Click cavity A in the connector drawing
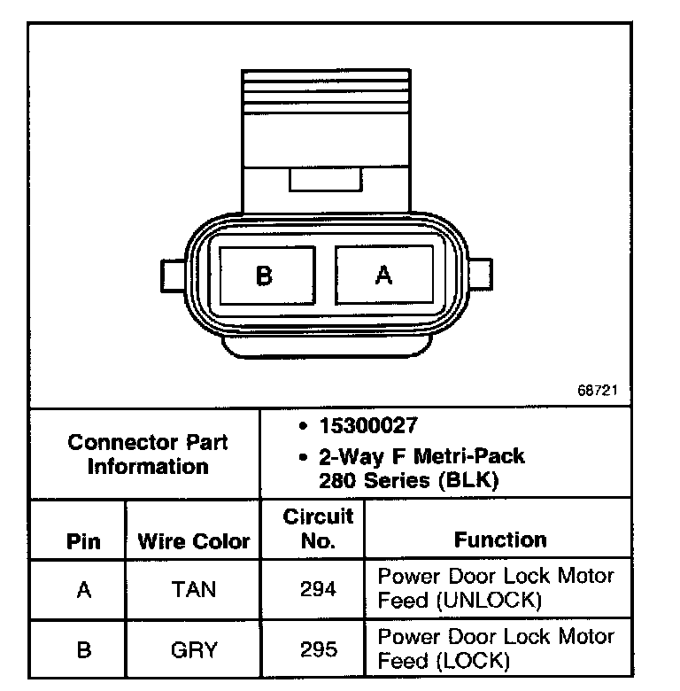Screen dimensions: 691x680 [384, 276]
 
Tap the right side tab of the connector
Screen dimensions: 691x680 [481, 275]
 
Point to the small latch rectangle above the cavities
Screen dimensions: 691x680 [325, 180]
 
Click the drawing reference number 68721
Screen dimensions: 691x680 [597, 389]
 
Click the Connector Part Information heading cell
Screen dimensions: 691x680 [148, 454]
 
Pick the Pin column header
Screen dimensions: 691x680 [84, 541]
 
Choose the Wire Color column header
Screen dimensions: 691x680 [194, 541]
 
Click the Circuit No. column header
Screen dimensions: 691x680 [317, 529]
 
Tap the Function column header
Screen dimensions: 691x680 [500, 540]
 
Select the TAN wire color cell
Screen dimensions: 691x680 [193, 589]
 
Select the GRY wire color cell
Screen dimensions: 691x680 [193, 649]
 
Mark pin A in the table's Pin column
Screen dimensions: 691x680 [84, 589]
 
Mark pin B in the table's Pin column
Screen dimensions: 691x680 [84, 649]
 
